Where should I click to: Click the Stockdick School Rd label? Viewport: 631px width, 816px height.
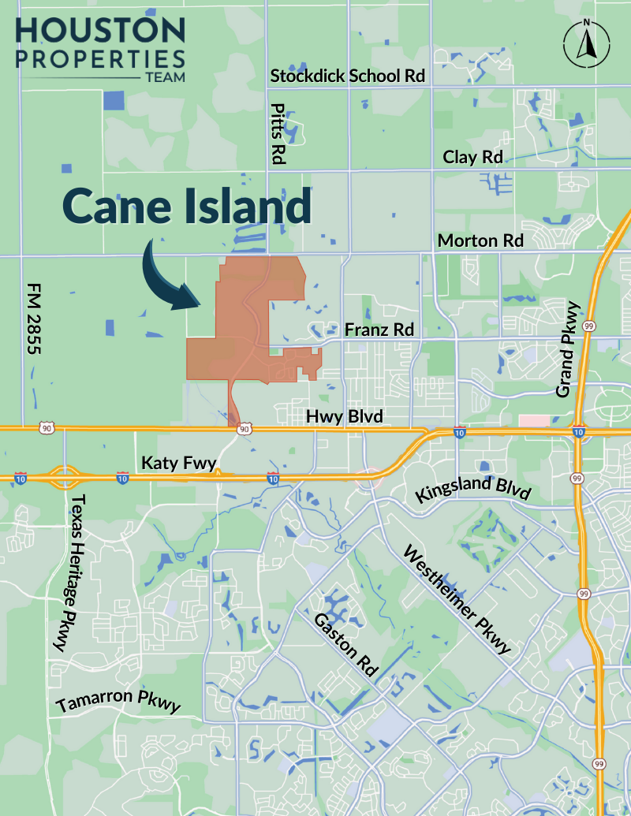tap(348, 76)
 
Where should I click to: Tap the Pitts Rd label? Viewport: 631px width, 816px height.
tap(277, 132)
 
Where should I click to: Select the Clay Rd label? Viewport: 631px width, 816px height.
tap(472, 157)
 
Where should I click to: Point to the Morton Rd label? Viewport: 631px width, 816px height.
tap(480, 240)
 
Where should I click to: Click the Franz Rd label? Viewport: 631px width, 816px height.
tap(379, 330)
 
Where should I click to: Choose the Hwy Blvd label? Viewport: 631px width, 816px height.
tap(344, 415)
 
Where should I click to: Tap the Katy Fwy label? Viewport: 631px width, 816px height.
tap(178, 463)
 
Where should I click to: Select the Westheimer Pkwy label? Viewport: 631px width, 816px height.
tap(457, 599)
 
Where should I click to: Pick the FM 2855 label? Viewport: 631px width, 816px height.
tap(34, 319)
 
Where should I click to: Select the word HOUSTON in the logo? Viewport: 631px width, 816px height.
tap(100, 32)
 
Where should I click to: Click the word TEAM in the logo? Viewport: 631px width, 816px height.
tap(165, 77)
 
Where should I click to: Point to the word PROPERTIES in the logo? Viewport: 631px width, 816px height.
tap(100, 60)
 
